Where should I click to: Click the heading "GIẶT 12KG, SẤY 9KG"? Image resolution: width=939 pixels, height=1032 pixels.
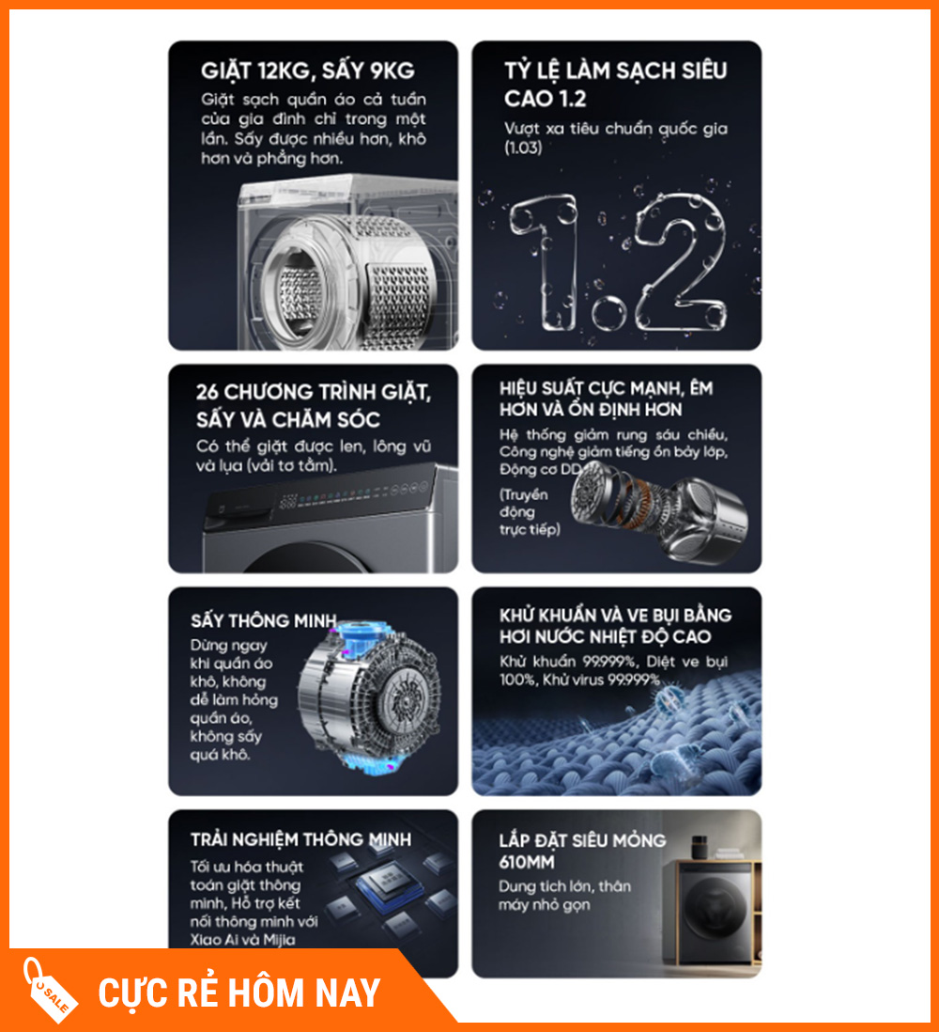[x=308, y=70]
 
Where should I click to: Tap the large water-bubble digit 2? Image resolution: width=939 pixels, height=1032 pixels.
[x=682, y=260]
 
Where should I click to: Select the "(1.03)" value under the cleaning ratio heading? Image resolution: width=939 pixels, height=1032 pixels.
[x=523, y=148]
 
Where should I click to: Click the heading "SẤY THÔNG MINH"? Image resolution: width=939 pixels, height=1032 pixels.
[x=263, y=620]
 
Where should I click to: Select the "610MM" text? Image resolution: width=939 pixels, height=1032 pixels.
[x=527, y=862]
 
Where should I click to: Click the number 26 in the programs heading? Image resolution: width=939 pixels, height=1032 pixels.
[x=207, y=392]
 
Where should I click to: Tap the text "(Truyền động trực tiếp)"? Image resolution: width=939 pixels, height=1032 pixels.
[x=530, y=512]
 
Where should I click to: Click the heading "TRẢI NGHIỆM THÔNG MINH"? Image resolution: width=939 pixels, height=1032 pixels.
[x=300, y=840]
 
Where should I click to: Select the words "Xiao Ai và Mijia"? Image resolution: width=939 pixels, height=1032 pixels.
[x=242, y=940]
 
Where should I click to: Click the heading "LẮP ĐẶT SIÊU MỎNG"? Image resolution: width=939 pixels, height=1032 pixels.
[x=582, y=840]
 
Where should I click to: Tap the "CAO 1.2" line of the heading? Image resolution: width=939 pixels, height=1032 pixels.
[x=546, y=99]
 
